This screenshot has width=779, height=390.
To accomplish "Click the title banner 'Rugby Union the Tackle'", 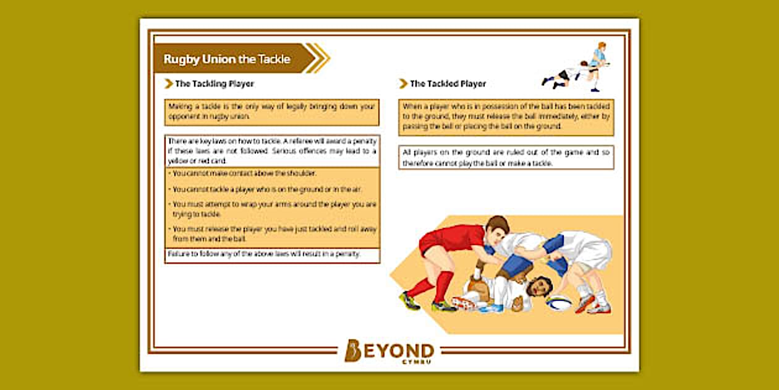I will pos(227,59).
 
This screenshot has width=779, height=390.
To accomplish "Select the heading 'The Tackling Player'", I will pos(214,84).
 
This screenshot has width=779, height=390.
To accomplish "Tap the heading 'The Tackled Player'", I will pos(448,84).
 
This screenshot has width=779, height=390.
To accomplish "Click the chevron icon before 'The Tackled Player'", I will pos(404,84).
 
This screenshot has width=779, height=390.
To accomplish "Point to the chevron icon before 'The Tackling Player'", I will pos(168,84).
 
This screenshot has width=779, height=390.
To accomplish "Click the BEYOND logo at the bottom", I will pos(389,351).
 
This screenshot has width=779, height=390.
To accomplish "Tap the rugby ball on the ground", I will pos(559,303).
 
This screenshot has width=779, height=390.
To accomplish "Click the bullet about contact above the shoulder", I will pos(244,173).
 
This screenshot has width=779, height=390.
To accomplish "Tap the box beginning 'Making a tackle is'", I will pos(272,111).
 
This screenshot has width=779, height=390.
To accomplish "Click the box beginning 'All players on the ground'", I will pos(506,158).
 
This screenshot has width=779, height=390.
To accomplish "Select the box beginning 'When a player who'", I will pos(506,116).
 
